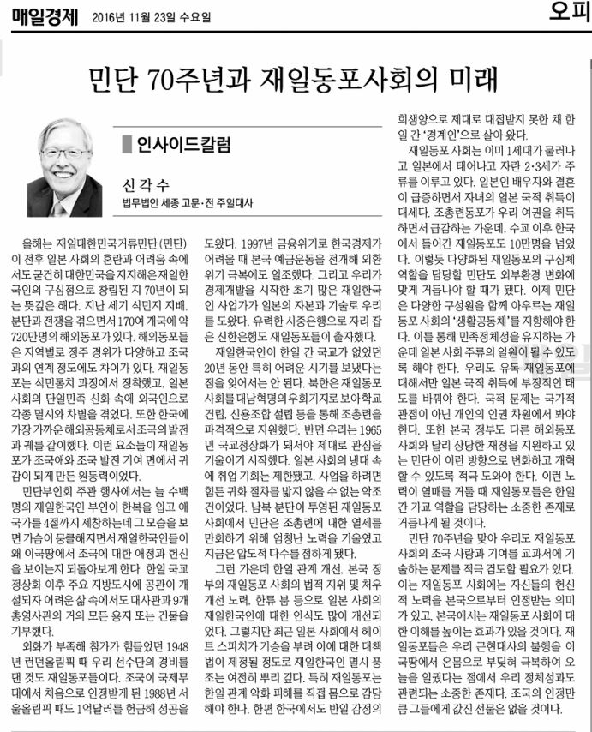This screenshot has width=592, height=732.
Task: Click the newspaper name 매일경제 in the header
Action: (x=44, y=15)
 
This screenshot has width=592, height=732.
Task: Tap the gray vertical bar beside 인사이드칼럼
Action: (x=126, y=143)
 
